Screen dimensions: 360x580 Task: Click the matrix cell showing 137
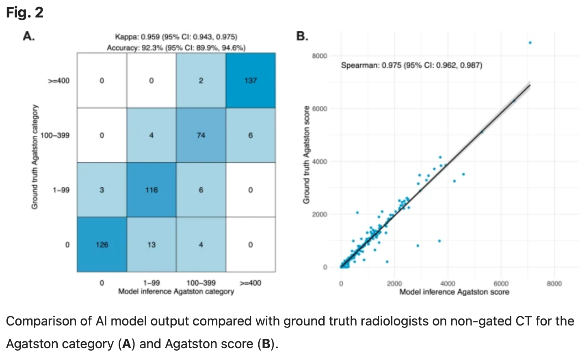point(251,80)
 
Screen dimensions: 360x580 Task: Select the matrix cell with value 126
point(102,245)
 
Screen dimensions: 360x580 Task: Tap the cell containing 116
point(151,190)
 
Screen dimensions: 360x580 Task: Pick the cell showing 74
point(201,135)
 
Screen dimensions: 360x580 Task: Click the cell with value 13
point(151,245)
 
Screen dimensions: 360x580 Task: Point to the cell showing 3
point(102,190)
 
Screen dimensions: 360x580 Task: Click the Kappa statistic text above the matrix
point(176,37)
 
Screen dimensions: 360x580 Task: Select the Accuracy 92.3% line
point(176,48)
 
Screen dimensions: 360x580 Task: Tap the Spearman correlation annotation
point(411,65)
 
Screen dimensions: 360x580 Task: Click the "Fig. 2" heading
point(24,13)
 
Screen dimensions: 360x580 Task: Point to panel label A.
point(28,37)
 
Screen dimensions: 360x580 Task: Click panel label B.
point(302,37)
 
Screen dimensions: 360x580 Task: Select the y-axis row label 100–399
point(55,135)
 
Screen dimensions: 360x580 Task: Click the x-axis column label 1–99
point(151,283)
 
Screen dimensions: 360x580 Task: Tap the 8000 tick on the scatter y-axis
point(319,56)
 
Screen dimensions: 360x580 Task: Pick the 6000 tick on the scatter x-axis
point(501,284)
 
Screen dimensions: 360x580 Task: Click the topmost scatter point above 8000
point(530,43)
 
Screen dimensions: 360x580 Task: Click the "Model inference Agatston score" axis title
point(454,292)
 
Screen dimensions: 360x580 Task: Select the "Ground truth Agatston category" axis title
point(35,157)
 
